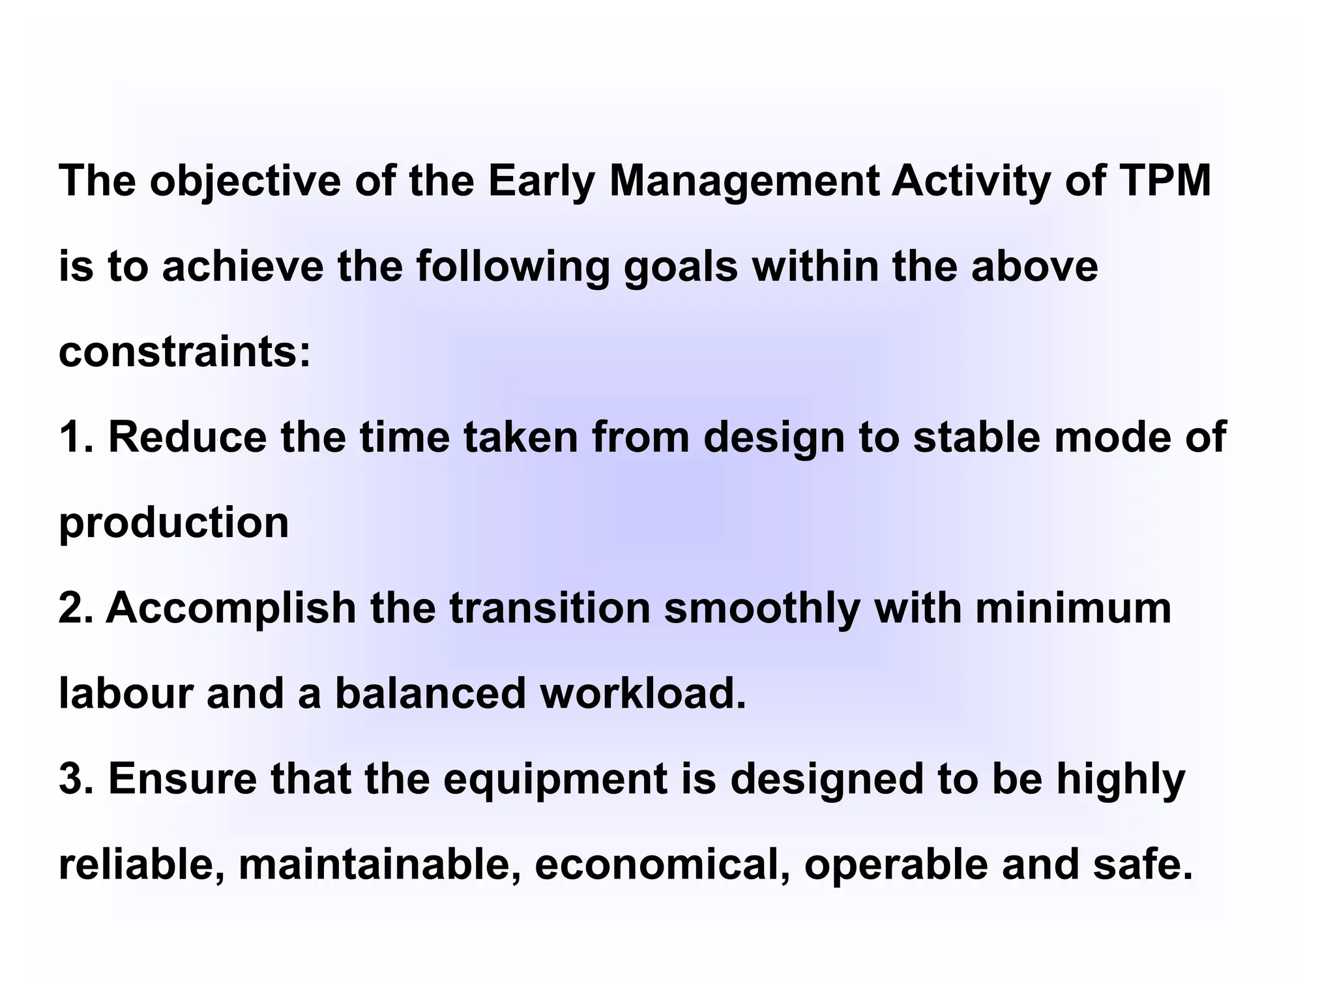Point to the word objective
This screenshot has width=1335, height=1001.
[245, 181]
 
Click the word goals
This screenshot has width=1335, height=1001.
[681, 267]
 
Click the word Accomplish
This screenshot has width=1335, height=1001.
[231, 609]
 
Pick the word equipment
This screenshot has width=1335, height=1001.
[556, 779]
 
